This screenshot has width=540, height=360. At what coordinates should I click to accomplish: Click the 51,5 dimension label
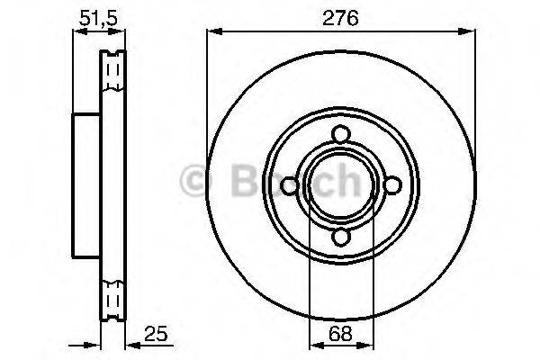click(x=90, y=15)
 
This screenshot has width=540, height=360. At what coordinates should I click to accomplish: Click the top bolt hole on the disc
click(x=340, y=134)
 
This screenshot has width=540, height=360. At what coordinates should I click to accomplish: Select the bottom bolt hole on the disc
click(x=340, y=237)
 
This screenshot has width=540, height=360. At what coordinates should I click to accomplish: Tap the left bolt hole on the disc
click(x=289, y=185)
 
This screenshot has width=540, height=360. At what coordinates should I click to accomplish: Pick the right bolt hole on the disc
click(x=391, y=185)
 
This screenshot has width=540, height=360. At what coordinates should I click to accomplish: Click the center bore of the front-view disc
click(x=340, y=185)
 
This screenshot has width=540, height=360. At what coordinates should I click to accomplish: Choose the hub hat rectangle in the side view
click(x=85, y=185)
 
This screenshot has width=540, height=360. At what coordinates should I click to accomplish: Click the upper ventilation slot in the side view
click(x=112, y=72)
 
